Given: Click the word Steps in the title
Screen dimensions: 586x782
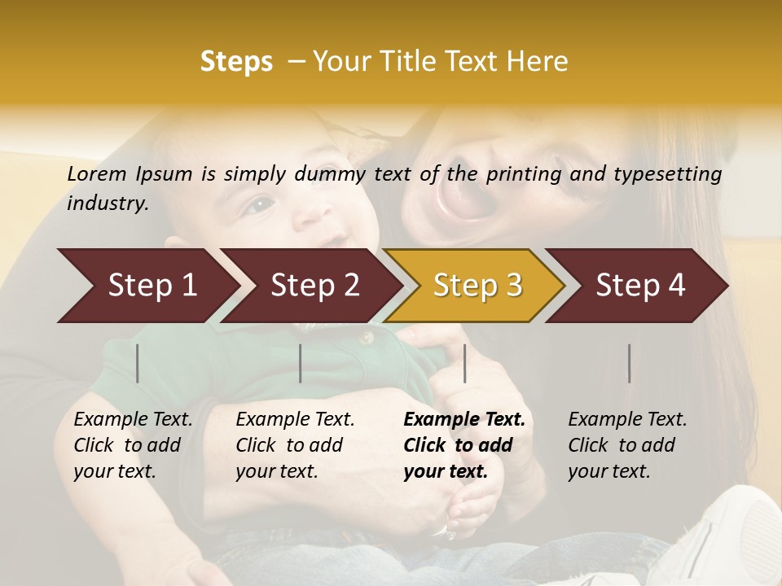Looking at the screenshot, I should pos(236,62).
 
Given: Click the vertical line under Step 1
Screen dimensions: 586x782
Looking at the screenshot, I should pos(138,363).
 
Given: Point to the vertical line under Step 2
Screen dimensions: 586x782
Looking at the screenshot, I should pos(301,363).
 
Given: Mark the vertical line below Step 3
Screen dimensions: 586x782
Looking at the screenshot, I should pos(465,363).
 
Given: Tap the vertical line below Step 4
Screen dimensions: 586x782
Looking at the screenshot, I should pos(630,363).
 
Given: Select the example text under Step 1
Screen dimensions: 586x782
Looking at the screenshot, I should pos(133,445).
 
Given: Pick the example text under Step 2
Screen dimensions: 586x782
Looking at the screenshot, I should pos(295,445).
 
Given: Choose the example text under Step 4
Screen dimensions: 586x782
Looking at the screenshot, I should pos(627,445).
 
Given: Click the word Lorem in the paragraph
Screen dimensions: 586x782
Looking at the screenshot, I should pos(97,174).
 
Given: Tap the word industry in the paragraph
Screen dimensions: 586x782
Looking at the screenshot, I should pos(107,203).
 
